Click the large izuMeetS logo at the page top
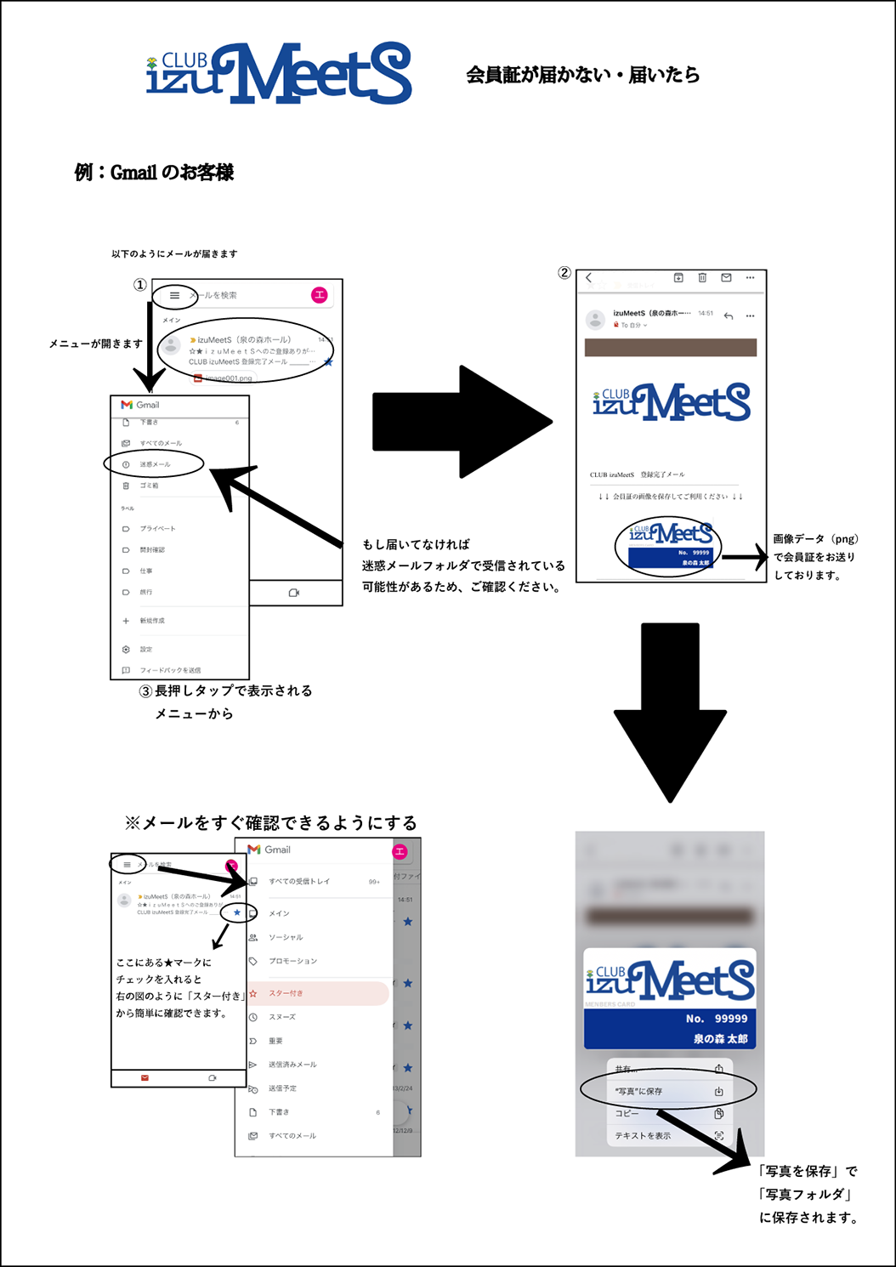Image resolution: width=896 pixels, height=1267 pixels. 279,74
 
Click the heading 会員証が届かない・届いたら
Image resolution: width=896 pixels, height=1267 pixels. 582,75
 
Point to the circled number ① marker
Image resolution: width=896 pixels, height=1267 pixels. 140,285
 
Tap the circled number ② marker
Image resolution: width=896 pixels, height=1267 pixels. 564,273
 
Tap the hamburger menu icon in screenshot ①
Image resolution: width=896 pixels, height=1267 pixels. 175,296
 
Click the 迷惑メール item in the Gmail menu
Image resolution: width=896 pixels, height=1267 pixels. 156,464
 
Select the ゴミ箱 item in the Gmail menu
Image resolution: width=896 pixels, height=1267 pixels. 149,486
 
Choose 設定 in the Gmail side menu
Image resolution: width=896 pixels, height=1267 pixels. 145,649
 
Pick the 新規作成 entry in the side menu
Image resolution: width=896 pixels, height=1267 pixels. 152,621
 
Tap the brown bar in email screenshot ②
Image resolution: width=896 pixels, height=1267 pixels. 670,347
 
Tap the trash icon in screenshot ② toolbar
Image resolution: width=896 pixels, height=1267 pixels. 702,277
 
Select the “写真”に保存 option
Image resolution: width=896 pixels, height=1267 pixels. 639,1091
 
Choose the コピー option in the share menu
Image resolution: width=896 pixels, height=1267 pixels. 627,1113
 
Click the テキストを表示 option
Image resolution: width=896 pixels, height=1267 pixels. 643,1135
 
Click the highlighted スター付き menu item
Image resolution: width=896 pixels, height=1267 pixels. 286,993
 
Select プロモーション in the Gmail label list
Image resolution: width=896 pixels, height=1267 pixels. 292,961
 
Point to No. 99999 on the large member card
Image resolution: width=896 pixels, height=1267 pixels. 717,1019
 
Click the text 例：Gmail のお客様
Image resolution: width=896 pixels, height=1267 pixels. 154,173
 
